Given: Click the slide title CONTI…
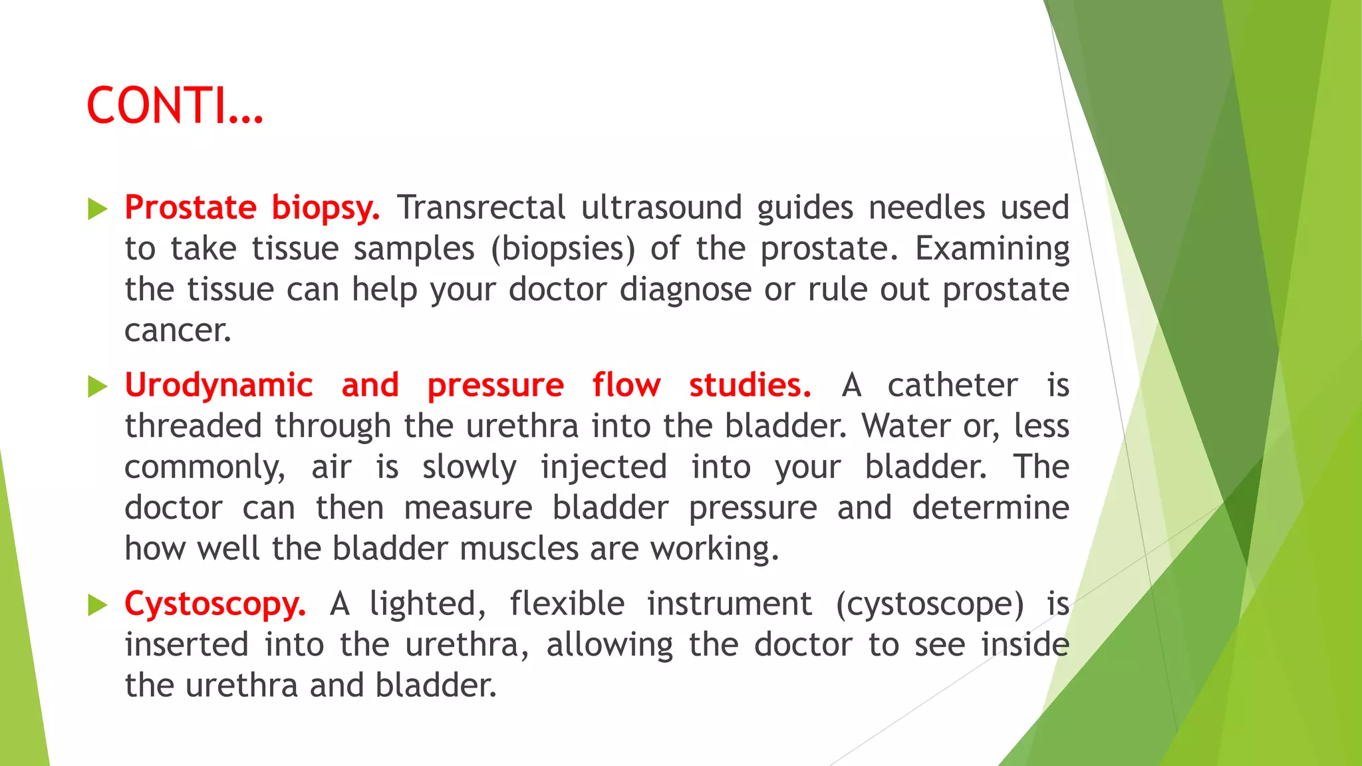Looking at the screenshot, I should (175, 106).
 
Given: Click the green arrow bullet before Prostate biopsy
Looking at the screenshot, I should (98, 209).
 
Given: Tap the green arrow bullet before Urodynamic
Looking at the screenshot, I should (98, 386).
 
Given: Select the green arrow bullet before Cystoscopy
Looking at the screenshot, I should (98, 605).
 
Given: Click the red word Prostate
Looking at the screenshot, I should (190, 207).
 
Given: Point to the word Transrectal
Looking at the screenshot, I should (481, 207).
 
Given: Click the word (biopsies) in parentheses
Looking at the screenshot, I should (563, 249).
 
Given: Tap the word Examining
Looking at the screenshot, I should (992, 249).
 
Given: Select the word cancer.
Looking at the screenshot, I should (178, 330).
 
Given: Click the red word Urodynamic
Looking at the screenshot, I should (219, 386).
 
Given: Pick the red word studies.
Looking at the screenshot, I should (749, 386).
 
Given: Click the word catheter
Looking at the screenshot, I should (952, 386).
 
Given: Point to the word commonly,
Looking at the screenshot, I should (205, 467).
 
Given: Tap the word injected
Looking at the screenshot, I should (603, 467).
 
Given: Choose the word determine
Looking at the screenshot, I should (990, 508).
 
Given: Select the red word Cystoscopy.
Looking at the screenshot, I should (215, 604).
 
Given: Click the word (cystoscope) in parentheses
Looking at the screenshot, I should (930, 604).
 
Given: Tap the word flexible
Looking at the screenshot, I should (567, 604).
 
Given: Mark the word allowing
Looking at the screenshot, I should (610, 646).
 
